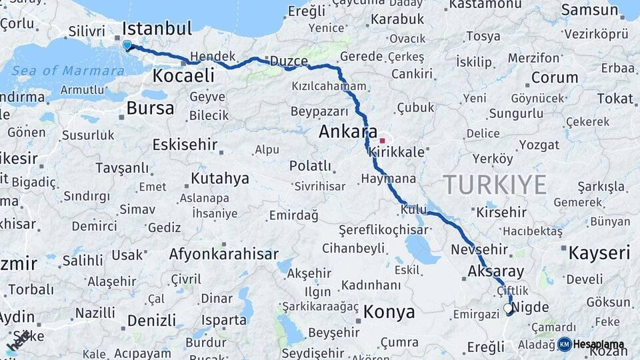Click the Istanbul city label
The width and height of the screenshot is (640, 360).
point(157,29)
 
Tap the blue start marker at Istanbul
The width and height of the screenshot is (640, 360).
point(127,45)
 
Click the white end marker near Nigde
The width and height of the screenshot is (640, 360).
point(509,309)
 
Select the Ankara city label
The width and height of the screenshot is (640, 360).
point(348,131)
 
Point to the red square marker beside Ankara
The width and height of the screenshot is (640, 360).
point(382,141)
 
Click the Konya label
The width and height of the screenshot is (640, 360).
point(389,312)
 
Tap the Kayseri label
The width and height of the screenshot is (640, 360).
point(599,253)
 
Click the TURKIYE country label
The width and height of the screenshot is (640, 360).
point(495,184)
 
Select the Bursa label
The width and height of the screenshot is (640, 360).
point(150,108)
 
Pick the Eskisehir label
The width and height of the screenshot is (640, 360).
point(185,145)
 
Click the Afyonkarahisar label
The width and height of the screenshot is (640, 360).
point(223,254)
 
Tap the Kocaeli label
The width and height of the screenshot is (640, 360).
point(183,75)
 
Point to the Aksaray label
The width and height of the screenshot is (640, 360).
point(496,271)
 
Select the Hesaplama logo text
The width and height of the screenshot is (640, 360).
point(599,345)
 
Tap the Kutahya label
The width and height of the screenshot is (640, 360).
point(220,179)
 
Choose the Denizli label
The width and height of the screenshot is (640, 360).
point(151,321)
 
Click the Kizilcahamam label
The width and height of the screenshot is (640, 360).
point(329,87)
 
